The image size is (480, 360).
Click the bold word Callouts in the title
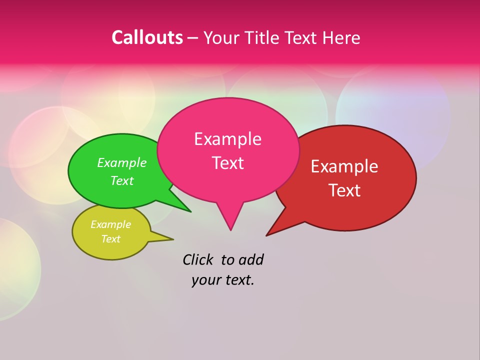pos(147,37)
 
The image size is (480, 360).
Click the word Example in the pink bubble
pos(227,139)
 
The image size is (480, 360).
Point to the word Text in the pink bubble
pos(227,163)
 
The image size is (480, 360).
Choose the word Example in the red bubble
pos(344,166)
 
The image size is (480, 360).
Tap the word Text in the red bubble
pos(344,190)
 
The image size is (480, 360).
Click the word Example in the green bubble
pos(121,163)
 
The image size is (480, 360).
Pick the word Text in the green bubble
pos(121,180)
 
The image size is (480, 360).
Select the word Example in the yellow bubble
pos(110,224)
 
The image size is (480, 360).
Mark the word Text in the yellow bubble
pos(110,239)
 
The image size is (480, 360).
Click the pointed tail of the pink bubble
pos(230,222)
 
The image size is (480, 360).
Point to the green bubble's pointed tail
pos(182,206)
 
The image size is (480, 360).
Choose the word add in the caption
pos(250,259)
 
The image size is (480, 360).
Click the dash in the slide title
pos(193,37)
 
